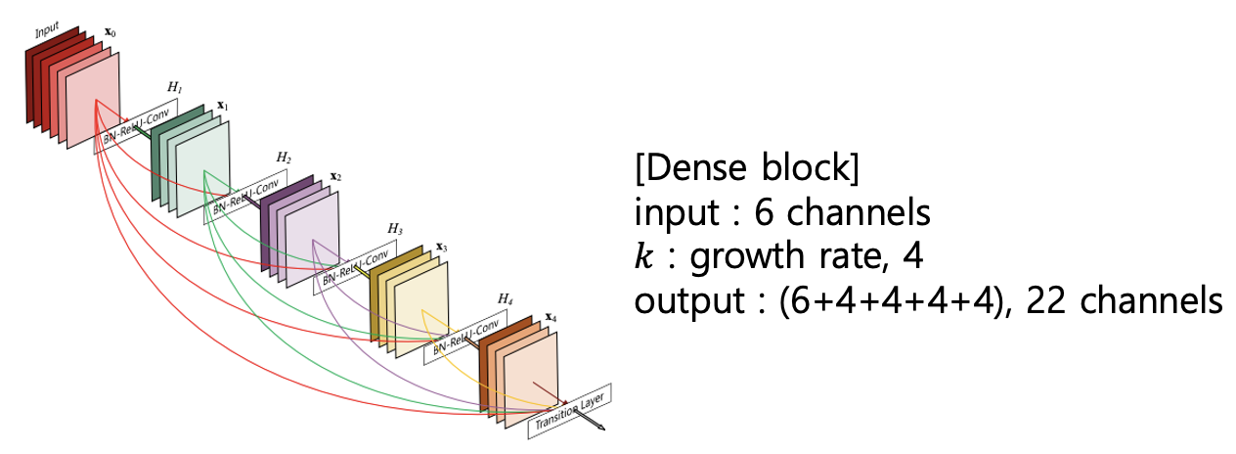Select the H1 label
[174, 88]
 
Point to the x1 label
[222, 105]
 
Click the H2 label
[284, 157]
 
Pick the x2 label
[334, 176]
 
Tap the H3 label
[394, 228]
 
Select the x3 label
[441, 248]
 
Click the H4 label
[505, 297]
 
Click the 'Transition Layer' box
[571, 410]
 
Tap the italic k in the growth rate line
[643, 258]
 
